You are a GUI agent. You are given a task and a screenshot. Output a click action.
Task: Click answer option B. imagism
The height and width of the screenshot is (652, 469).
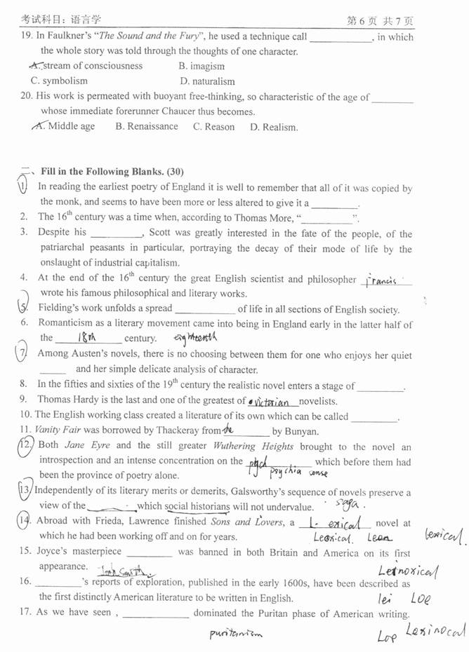pyautogui.click(x=202, y=66)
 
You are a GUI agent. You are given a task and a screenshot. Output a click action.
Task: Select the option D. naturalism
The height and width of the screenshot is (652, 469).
pyautogui.click(x=207, y=81)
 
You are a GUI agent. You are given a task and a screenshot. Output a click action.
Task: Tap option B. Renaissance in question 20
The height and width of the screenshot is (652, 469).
pyautogui.click(x=147, y=127)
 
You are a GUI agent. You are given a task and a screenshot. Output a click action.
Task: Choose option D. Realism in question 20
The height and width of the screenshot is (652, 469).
pyautogui.click(x=274, y=128)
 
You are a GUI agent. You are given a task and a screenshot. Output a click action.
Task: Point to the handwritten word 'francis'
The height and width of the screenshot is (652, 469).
pyautogui.click(x=381, y=280)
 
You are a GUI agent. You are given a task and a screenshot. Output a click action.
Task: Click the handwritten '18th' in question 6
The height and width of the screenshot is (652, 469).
pyautogui.click(x=86, y=338)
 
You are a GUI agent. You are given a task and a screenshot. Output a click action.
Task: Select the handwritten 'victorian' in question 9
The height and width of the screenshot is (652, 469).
pyautogui.click(x=271, y=402)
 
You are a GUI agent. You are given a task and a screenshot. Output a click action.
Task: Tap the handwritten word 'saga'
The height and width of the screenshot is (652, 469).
pyautogui.click(x=348, y=503)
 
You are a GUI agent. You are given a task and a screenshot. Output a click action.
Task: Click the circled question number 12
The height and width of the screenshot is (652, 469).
pyautogui.click(x=27, y=446)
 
